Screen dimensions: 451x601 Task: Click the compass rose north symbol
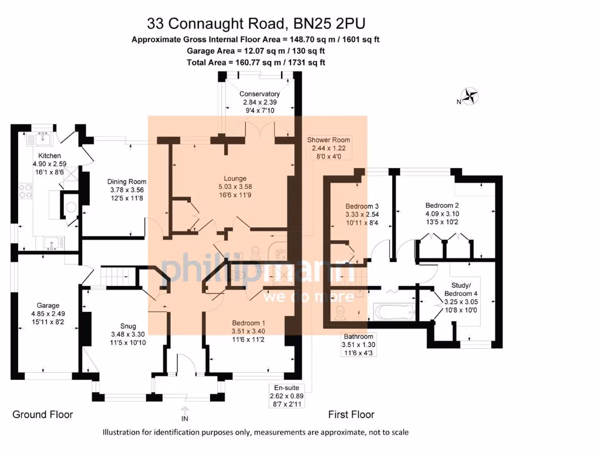(470, 96)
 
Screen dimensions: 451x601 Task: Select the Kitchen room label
(50, 156)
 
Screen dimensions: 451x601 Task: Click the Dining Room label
(127, 181)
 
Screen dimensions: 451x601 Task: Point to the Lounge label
(235, 178)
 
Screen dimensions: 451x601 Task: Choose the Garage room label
(48, 305)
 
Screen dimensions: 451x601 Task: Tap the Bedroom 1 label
(248, 323)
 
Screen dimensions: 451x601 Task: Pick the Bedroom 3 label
(362, 206)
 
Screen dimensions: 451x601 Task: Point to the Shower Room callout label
(329, 140)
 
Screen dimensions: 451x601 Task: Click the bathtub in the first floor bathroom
(394, 311)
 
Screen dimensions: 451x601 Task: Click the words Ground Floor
(43, 415)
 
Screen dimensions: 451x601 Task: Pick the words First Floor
(351, 415)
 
